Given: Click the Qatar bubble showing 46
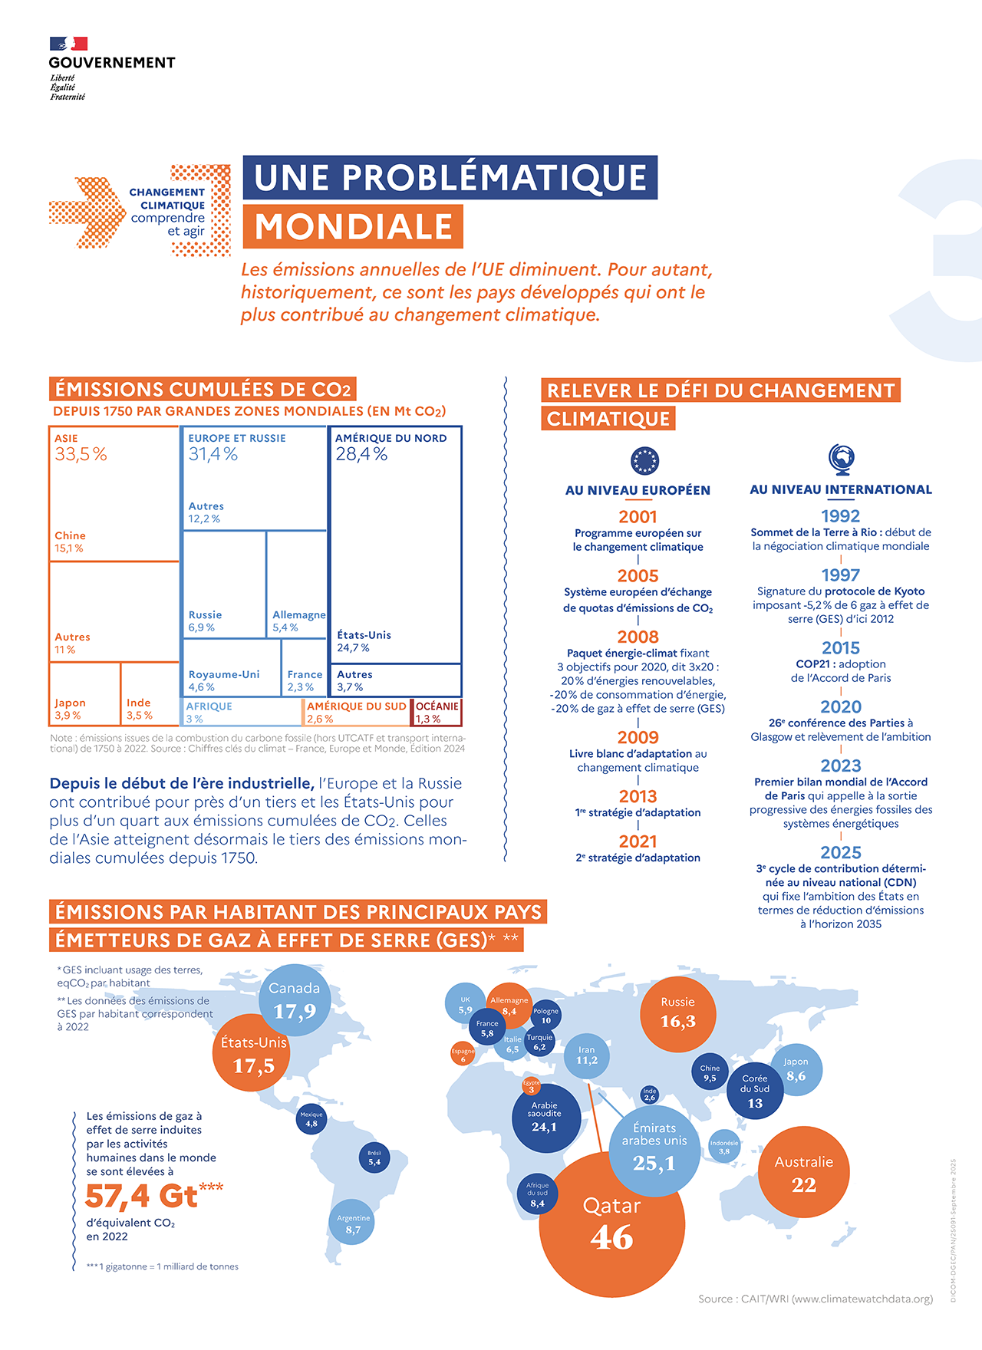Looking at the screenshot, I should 611,1224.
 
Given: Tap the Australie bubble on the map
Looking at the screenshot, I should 803,1172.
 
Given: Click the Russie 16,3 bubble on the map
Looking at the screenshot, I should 678,1013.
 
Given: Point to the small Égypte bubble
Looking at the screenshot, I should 531,1086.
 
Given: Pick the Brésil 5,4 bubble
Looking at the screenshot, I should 374,1158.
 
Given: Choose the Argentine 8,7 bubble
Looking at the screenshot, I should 353,1223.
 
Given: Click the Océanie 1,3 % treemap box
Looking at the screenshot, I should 437,712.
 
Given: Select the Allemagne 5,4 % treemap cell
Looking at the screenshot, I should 298,584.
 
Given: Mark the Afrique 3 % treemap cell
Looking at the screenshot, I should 242,712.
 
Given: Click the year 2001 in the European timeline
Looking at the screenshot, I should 638,517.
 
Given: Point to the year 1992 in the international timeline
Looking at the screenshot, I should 840,516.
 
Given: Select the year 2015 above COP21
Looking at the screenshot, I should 840,648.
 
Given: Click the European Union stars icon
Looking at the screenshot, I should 644,461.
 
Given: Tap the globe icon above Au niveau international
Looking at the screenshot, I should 842,459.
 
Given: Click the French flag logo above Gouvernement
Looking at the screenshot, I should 68,44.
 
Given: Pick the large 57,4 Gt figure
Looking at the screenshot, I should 142,1196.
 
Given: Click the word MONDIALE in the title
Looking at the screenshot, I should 354,227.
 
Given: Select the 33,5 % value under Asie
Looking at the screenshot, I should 81,455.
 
